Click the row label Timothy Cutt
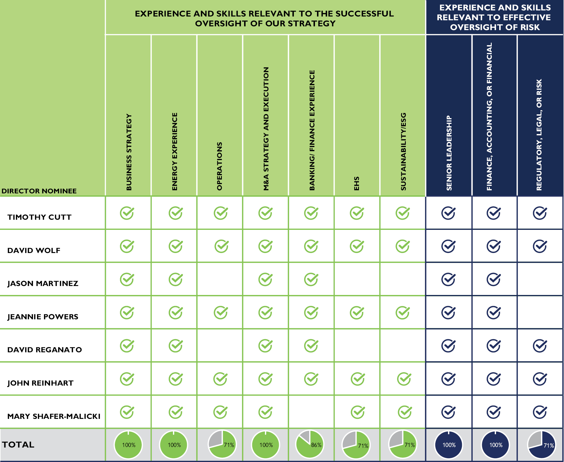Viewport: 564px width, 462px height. tap(39, 217)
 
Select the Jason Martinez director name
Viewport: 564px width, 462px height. tap(43, 283)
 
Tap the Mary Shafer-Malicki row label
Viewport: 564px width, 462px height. tap(54, 416)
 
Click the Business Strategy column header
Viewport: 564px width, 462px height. tap(129, 152)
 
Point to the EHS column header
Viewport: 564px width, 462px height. tap(357, 184)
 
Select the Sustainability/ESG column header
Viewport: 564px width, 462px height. tap(403, 151)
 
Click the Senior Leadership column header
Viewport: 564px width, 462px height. tap(449, 153)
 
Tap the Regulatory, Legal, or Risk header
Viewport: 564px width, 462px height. tap(539, 135)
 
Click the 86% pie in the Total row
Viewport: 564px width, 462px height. tap(309, 445)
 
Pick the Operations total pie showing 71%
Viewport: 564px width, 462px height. tap(222, 445)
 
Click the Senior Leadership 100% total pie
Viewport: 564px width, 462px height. tap(449, 445)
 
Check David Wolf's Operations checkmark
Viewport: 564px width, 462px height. tap(222, 246)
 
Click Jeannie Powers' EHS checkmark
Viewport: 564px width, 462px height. tap(357, 313)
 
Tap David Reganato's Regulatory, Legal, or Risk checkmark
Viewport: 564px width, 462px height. tap(540, 346)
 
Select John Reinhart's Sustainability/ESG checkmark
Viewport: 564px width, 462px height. tap(404, 379)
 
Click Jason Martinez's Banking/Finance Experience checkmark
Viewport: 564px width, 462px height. tap(311, 279)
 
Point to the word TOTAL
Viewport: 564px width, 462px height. tap(18, 445)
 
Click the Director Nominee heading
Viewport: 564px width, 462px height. tap(39, 191)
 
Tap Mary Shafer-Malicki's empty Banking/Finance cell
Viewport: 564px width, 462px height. tap(311, 412)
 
